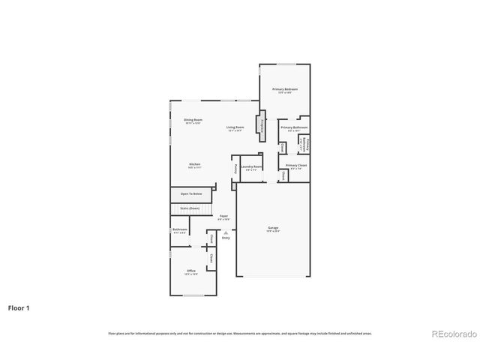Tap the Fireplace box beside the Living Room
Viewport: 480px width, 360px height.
(x=262, y=126)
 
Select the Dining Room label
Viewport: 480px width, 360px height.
(x=193, y=120)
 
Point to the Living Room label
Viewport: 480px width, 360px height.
(x=235, y=127)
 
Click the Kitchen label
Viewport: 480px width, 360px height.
(x=194, y=164)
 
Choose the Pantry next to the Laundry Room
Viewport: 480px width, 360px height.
(x=236, y=168)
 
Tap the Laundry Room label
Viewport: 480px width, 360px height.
(x=251, y=167)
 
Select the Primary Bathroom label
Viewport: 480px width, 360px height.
(x=293, y=128)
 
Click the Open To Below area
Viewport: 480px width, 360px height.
(x=190, y=194)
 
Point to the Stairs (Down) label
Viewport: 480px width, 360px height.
(x=190, y=208)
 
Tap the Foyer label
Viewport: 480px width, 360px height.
(x=223, y=217)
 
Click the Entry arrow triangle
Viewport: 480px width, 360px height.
(x=225, y=232)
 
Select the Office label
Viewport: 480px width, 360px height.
(x=192, y=273)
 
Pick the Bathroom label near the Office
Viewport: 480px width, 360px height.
(x=180, y=230)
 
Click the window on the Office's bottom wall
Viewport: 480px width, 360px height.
(x=193, y=295)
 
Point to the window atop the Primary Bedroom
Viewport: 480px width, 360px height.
(x=286, y=64)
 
